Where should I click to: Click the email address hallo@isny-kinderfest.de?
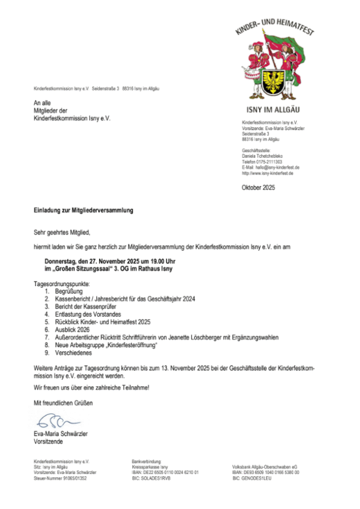pos(277,168)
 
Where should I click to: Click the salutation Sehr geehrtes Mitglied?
pos(62,233)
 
